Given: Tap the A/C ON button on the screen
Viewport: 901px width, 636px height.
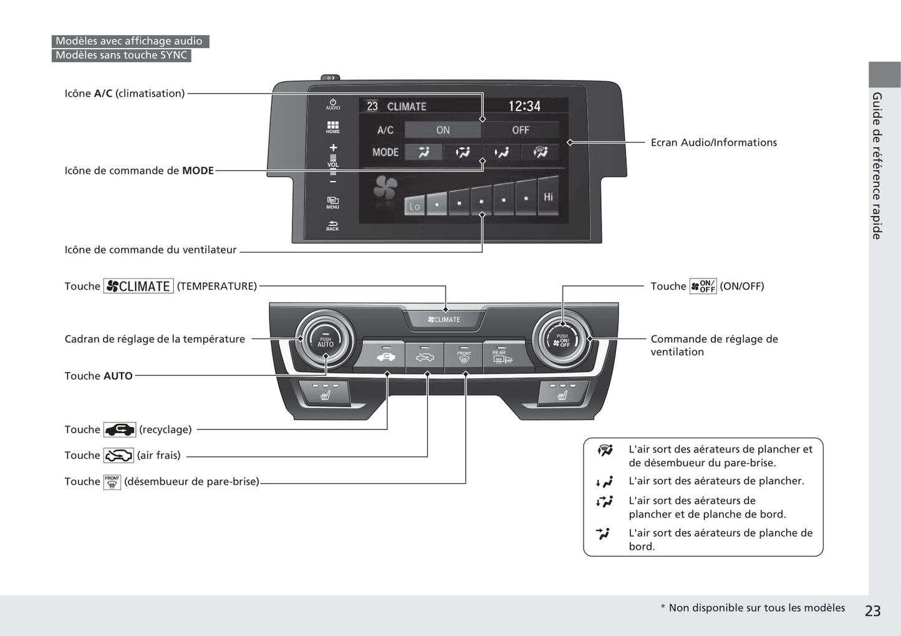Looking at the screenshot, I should point(443,130).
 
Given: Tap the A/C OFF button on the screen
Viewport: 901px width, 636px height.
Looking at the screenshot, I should point(521,130).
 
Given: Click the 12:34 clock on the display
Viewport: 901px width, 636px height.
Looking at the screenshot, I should point(524,106).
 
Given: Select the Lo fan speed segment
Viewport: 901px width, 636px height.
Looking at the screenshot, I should point(415,205).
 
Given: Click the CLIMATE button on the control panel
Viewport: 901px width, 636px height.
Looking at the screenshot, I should point(445,320).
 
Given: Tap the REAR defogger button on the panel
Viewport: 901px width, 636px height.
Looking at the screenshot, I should point(502,357).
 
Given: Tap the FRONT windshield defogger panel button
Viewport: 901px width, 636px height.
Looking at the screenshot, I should point(464,357).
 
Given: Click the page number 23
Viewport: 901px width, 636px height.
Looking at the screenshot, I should point(872,611).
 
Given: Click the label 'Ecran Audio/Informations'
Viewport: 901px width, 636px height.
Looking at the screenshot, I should point(713,142).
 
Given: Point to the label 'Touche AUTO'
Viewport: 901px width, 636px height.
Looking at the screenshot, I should point(99,376).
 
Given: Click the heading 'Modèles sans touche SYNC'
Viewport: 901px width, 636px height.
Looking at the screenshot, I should point(121,55).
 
